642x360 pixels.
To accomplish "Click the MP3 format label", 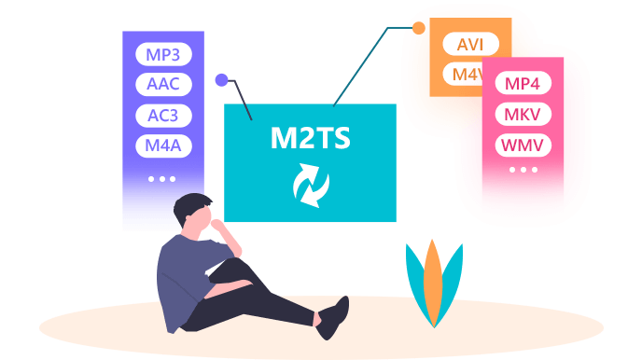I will click(x=163, y=53).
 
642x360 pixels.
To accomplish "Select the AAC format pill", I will click(x=163, y=84).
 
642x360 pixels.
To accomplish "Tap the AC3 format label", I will click(x=163, y=116).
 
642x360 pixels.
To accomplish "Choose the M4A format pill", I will click(x=163, y=146).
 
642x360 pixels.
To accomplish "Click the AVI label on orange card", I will click(x=470, y=44).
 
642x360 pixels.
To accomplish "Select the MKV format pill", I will click(x=522, y=115).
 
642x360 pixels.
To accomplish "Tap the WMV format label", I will click(x=522, y=146).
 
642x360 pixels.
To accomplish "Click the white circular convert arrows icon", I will click(x=310, y=185).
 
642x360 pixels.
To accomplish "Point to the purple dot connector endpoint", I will click(x=221, y=80).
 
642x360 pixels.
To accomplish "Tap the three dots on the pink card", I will click(x=522, y=170).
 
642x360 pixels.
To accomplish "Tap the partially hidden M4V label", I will click(x=467, y=75).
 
